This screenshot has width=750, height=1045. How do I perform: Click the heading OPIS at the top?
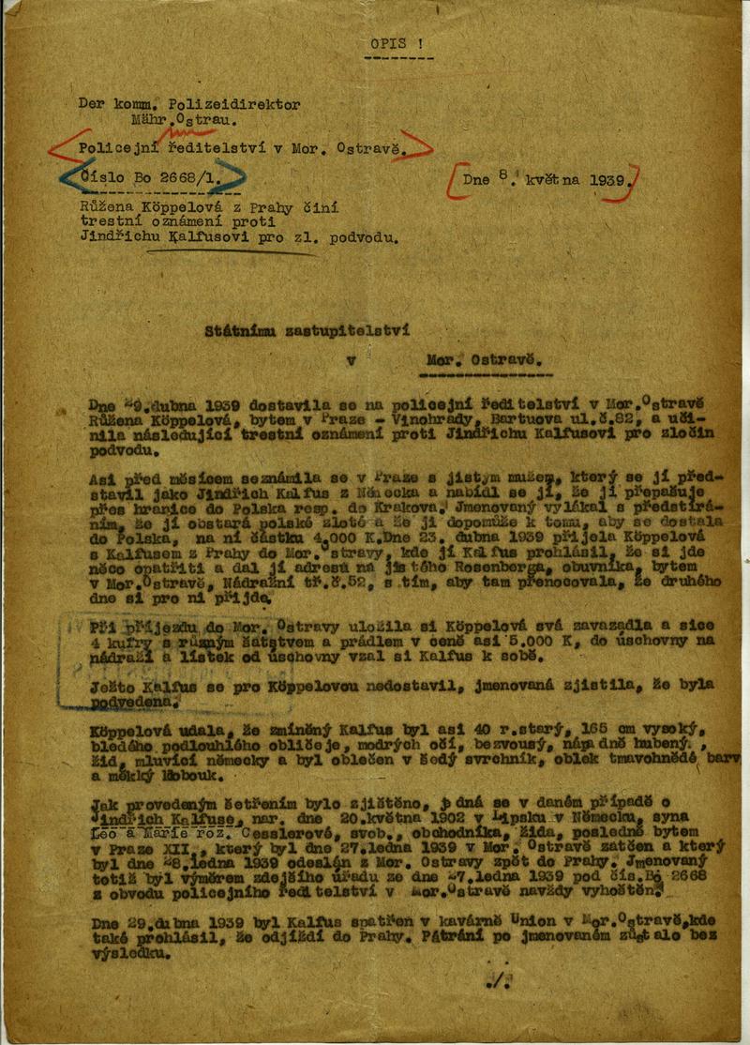(x=385, y=41)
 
